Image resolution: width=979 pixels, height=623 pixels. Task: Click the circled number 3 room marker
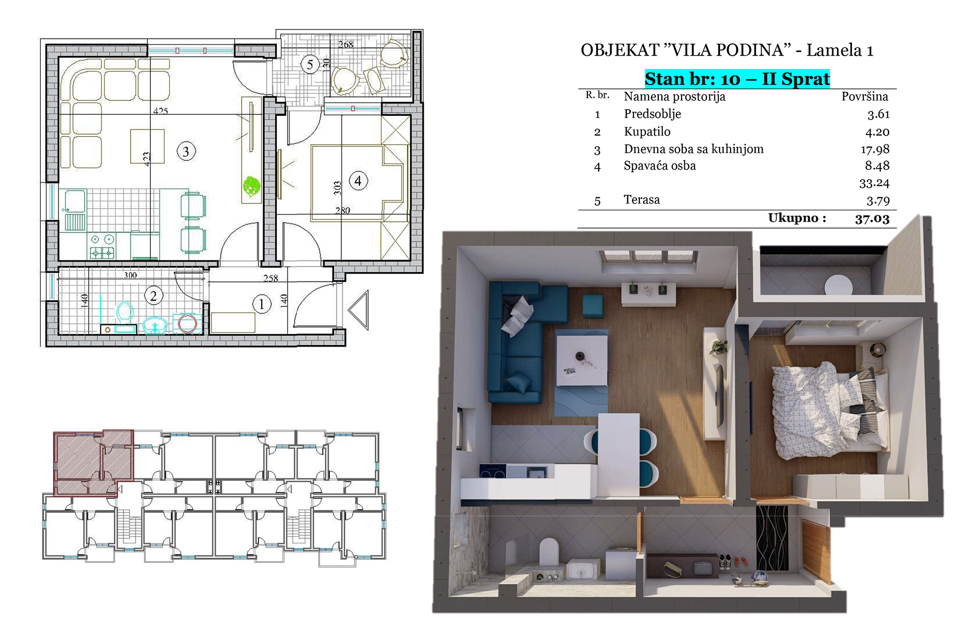[x=186, y=151]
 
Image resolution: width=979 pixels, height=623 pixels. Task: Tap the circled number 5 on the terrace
[x=310, y=65]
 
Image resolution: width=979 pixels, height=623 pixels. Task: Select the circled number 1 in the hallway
[x=262, y=304]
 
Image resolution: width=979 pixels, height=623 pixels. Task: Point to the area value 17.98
[x=875, y=149]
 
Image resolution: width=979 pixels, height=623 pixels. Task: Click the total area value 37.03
[x=872, y=219]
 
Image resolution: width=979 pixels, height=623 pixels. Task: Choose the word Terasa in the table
[x=641, y=199]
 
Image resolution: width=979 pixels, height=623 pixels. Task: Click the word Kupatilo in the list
[x=647, y=132]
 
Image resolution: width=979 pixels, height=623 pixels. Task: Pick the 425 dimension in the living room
[x=160, y=111]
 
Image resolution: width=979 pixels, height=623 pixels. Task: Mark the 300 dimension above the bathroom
[x=131, y=275]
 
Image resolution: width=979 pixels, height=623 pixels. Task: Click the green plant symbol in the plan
[x=251, y=186]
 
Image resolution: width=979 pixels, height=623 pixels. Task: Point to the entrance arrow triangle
[x=359, y=310]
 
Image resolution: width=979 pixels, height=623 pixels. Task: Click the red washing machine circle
[x=187, y=324]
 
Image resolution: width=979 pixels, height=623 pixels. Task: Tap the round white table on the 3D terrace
[x=838, y=284]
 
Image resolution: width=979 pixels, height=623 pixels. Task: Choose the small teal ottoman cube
[x=593, y=306]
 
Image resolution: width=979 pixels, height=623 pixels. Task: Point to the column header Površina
[x=865, y=96]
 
